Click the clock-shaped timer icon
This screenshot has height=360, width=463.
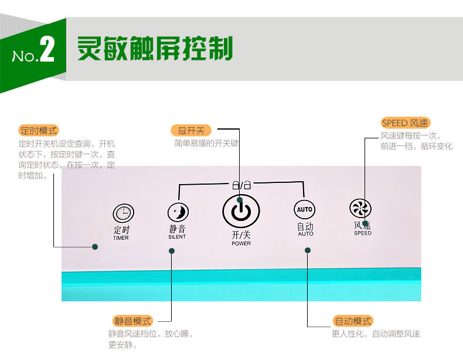(x=124, y=213)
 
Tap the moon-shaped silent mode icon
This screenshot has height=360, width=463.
(x=178, y=212)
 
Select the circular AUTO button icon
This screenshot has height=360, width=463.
(x=304, y=210)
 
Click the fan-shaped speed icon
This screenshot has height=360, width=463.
(x=360, y=208)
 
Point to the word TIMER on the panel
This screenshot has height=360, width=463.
(x=121, y=237)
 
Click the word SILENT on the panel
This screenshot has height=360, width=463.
(x=177, y=237)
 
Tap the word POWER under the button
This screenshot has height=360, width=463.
(x=241, y=243)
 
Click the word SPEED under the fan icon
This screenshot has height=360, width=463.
(x=363, y=233)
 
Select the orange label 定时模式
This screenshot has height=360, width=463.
(x=39, y=131)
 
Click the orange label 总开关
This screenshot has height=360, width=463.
(x=191, y=130)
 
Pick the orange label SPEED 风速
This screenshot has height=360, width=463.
(x=405, y=123)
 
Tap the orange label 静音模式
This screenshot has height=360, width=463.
(x=132, y=321)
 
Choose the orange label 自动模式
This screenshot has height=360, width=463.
(x=353, y=321)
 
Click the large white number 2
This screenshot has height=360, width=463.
(x=47, y=49)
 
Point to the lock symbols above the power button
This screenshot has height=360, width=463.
(x=241, y=185)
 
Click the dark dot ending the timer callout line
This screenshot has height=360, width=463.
(x=95, y=247)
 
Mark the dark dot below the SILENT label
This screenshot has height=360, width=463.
(x=172, y=251)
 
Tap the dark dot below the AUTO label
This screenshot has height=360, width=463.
(x=307, y=250)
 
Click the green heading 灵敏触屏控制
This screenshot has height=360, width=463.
(x=155, y=49)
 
